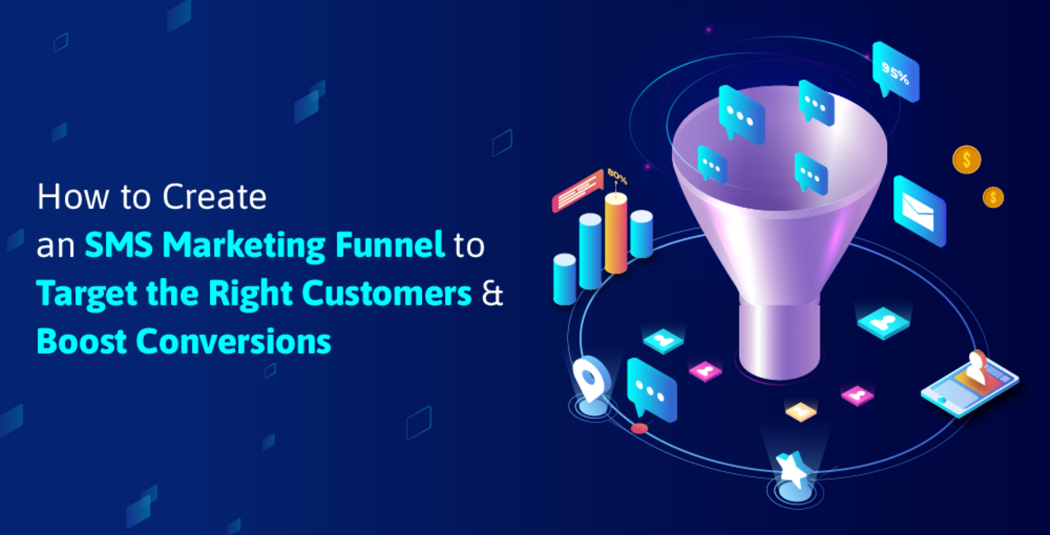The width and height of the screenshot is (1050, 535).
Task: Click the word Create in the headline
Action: click(214, 197)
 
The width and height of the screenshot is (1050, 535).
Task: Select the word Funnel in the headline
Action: click(389, 245)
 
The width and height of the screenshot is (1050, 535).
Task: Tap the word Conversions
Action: click(234, 342)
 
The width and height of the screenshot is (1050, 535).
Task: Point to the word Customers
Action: click(387, 293)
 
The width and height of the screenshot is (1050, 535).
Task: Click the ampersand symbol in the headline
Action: click(493, 294)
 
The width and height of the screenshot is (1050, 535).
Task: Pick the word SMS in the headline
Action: click(120, 245)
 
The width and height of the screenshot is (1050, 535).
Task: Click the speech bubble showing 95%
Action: click(895, 72)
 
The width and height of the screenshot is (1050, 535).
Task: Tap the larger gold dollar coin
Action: click(966, 160)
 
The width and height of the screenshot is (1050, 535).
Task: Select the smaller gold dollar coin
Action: click(993, 197)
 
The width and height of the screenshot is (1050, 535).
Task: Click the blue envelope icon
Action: click(920, 211)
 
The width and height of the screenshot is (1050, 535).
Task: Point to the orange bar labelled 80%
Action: click(616, 233)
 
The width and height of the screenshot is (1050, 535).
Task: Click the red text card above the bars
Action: click(577, 191)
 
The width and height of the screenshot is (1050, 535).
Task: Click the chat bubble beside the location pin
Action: click(650, 391)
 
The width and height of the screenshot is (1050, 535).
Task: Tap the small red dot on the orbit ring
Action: click(640, 428)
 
